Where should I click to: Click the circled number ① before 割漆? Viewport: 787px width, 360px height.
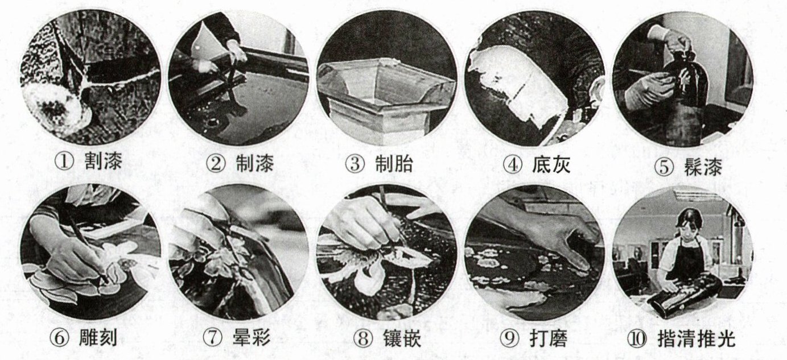tap(65, 163)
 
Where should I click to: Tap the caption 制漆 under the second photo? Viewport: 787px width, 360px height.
tap(255, 163)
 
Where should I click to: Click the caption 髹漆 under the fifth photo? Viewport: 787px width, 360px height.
tap(703, 166)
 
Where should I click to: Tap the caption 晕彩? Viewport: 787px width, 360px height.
tap(252, 338)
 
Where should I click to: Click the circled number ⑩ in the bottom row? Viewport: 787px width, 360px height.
tap(637, 338)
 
